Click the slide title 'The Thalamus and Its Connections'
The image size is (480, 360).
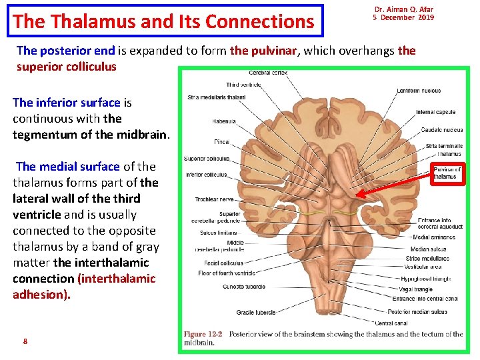coord(163,21)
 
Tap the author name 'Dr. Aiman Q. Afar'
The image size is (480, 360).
coord(403,9)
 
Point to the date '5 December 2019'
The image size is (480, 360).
coord(403,17)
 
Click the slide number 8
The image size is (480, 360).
coord(25,341)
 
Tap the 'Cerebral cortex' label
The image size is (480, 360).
coord(269,73)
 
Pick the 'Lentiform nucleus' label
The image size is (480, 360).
coord(419,91)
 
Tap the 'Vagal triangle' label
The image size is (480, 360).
coord(415,289)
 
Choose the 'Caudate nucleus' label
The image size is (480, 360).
coord(441,130)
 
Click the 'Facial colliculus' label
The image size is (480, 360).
coord(221,263)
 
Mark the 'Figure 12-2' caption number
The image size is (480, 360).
coord(204,334)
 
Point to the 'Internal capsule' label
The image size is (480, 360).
coord(435,112)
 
